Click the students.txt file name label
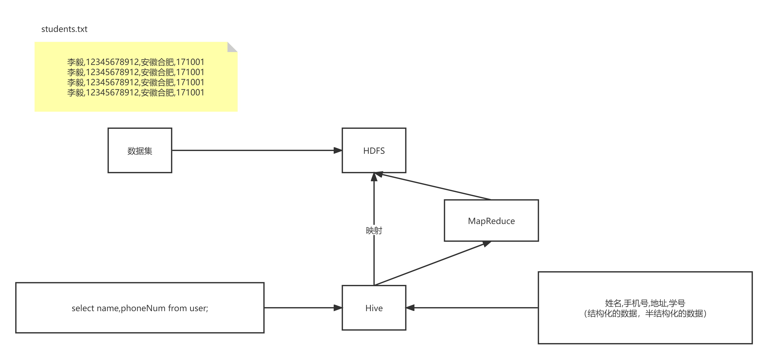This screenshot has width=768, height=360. (x=64, y=29)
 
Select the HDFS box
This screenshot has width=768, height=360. (x=374, y=150)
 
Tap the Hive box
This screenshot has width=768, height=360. (x=374, y=308)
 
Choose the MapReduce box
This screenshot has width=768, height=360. (x=491, y=220)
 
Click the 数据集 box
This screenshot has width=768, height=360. (x=140, y=150)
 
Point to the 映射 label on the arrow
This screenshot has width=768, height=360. (x=374, y=231)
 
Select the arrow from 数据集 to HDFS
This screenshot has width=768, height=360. (x=257, y=150)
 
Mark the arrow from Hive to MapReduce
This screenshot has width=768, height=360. (x=433, y=263)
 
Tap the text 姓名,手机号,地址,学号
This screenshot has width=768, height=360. (x=645, y=303)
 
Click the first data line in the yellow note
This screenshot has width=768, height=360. (x=136, y=62)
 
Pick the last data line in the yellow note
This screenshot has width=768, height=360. (x=136, y=92)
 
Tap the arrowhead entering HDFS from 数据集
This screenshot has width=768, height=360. (x=338, y=150)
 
